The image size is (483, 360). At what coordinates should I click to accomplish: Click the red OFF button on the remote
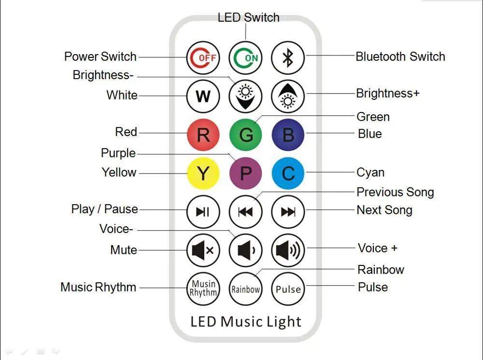[203, 57]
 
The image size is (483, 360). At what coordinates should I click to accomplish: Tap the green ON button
[246, 57]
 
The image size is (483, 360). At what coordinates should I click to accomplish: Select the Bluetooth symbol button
[288, 57]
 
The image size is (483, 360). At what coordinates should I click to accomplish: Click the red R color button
[203, 135]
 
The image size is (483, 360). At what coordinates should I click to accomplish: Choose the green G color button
[246, 135]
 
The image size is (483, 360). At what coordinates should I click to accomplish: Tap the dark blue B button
[288, 135]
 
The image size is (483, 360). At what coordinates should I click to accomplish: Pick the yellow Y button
[203, 173]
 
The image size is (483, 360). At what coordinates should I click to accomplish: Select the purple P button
[246, 173]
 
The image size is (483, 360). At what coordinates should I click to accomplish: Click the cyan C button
[288, 173]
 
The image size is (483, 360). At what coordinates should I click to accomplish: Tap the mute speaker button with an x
[203, 250]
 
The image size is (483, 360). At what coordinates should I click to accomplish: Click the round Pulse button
[288, 289]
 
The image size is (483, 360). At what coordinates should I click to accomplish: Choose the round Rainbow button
[246, 289]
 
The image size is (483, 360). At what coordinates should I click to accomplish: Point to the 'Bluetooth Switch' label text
[400, 56]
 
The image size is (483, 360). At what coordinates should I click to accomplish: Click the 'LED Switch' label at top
[248, 18]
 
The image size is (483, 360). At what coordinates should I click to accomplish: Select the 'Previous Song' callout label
[395, 192]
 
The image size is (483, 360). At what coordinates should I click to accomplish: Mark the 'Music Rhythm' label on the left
[98, 287]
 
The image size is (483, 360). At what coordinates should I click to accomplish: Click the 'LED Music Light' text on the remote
[246, 322]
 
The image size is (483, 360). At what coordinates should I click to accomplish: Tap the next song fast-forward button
[288, 212]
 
